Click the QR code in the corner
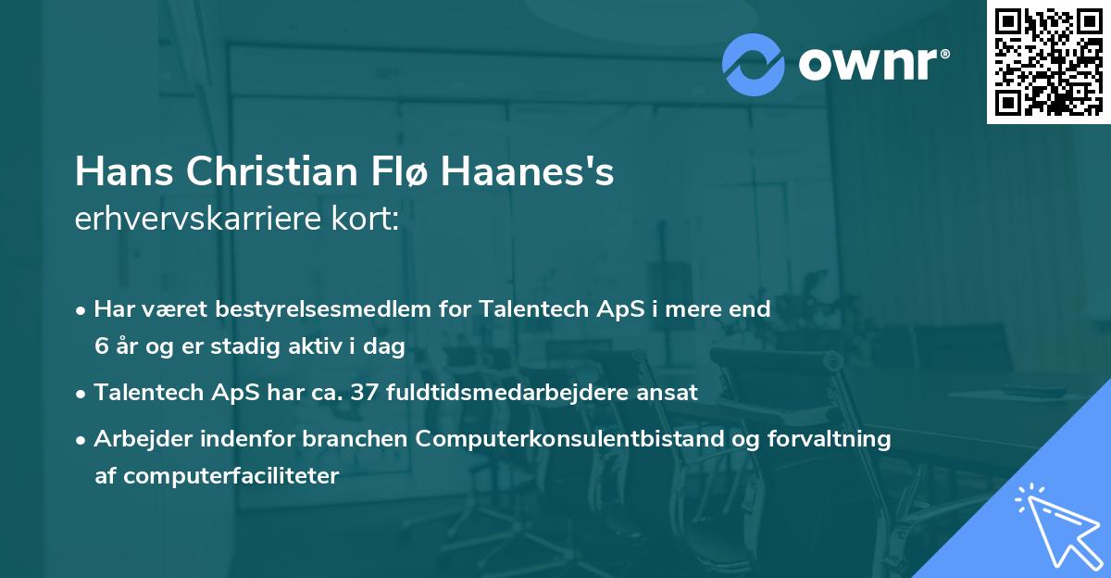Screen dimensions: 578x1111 pyautogui.click(x=1048, y=61)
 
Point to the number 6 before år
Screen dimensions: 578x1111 pyautogui.click(x=100, y=346)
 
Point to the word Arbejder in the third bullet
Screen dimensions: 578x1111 pyautogui.click(x=135, y=438)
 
